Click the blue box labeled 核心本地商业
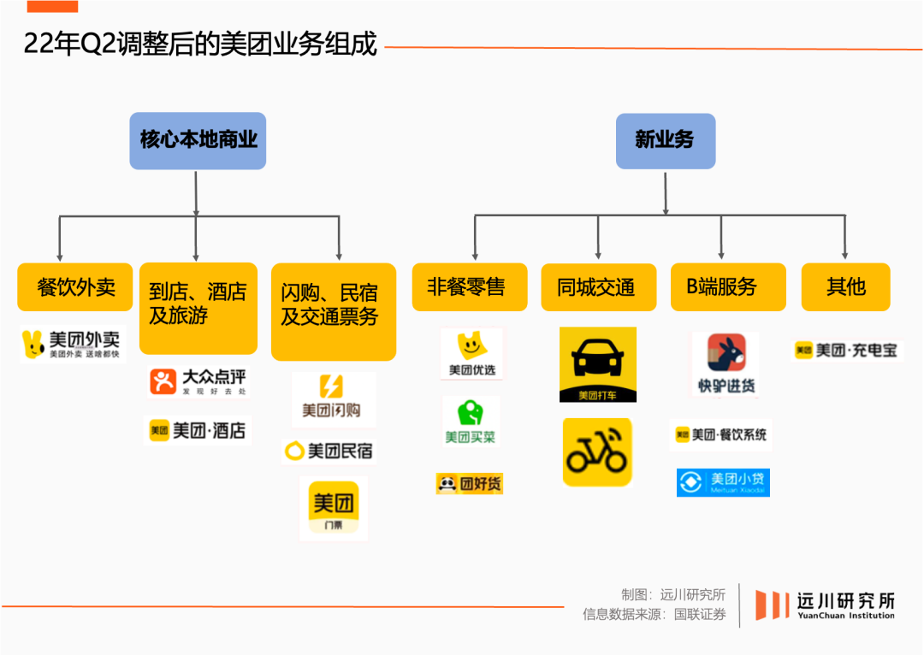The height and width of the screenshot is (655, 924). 198,141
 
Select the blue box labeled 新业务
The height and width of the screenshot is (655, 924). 665,141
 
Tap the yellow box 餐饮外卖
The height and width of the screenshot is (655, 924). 75,287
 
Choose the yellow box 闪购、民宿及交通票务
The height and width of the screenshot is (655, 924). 333,311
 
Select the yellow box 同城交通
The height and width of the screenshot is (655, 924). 597,287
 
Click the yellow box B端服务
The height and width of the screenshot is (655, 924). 727,287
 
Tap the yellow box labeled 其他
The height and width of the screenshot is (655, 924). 845,287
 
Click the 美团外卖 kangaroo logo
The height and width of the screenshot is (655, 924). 73,345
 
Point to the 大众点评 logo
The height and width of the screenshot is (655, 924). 198,381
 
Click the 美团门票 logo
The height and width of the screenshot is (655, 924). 333,508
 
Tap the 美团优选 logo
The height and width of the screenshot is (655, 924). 471,353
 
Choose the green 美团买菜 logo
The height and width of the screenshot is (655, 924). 470,420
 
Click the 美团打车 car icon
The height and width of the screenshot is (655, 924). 597,364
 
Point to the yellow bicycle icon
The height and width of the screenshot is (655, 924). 597,451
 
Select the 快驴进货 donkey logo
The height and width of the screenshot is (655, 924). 726,363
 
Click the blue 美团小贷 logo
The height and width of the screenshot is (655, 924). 723,482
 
